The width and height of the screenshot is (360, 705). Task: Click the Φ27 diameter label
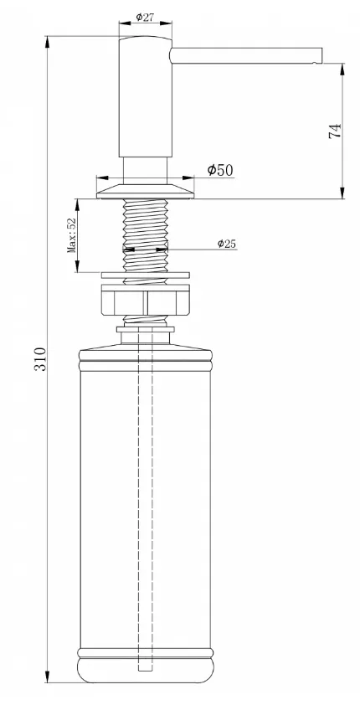coord(145,17)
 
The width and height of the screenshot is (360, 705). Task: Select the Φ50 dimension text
coord(220,170)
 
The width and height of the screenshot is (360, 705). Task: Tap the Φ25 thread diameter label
coord(227,244)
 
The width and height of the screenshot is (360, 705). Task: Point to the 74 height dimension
coord(335,131)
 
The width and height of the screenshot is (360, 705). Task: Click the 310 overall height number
coord(40,358)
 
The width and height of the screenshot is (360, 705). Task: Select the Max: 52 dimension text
coord(71,235)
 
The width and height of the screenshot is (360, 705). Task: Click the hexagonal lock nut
coord(145,302)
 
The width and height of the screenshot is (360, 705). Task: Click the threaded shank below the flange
coord(145,235)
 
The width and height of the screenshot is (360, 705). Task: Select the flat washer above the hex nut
coord(146,275)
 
